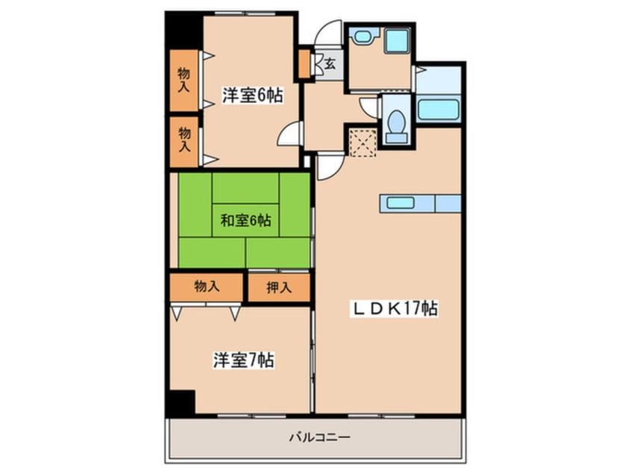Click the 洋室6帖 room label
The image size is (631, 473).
click(x=252, y=95)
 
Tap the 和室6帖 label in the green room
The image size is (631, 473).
click(x=245, y=220)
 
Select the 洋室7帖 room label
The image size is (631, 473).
click(x=244, y=360)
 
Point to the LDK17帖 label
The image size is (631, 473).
click(x=394, y=309)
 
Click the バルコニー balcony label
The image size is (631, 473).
click(x=320, y=437)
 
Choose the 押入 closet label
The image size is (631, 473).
click(x=278, y=287)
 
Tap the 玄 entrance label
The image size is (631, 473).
click(x=330, y=63)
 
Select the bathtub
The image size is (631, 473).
click(x=439, y=110)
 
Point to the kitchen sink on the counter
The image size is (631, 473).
click(x=401, y=203)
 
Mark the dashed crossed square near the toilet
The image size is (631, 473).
click(x=362, y=142)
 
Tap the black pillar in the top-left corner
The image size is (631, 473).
click(x=183, y=30)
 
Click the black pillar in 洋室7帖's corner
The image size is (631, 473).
click(x=180, y=403)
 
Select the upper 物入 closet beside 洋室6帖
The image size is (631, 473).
click(x=184, y=80)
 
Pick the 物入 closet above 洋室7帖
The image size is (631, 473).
click(x=206, y=287)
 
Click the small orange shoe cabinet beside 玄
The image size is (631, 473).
click(x=304, y=63)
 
